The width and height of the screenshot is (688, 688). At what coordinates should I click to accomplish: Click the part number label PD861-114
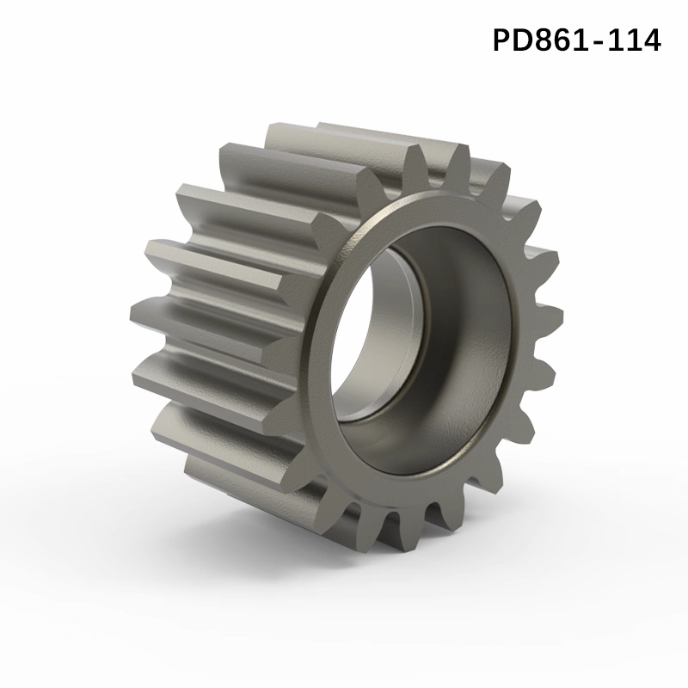click(x=577, y=40)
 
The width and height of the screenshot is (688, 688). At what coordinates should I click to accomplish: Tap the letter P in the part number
click(x=501, y=40)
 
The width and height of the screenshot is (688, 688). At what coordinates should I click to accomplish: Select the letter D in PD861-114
click(x=521, y=40)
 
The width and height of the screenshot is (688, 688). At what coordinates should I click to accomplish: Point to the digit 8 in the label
click(x=542, y=40)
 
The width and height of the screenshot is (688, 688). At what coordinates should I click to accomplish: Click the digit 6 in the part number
click(x=560, y=40)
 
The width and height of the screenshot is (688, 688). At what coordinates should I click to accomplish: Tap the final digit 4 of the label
click(x=652, y=40)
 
